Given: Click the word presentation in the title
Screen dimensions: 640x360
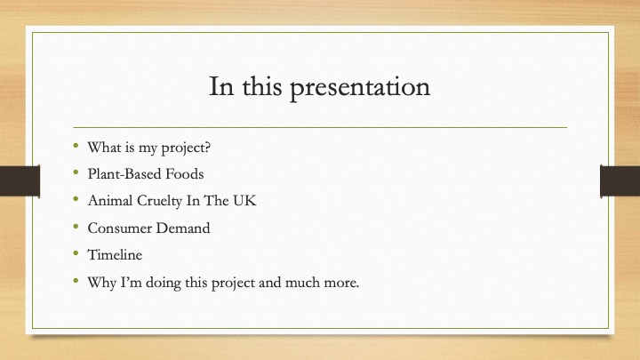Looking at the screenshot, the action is click(x=360, y=88).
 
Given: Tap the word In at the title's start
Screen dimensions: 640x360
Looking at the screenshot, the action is click(x=221, y=86).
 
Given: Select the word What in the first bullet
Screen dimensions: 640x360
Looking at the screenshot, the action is click(x=103, y=147).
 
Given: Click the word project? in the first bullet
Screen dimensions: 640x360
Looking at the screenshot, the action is click(x=186, y=148).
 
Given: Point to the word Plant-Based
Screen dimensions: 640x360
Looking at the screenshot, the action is click(x=124, y=174).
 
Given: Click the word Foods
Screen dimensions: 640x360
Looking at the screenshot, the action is click(x=185, y=174).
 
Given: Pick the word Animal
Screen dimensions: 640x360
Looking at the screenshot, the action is click(x=110, y=200).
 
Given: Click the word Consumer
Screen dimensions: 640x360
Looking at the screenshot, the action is click(x=120, y=228).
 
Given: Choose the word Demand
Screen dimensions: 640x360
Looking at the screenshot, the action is click(x=183, y=228).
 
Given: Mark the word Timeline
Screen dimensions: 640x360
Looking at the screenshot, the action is click(x=115, y=255).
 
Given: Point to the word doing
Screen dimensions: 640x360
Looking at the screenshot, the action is click(x=163, y=283).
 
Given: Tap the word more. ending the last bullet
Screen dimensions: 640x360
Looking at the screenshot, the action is click(x=341, y=283).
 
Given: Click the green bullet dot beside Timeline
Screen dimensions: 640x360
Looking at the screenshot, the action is click(x=76, y=254).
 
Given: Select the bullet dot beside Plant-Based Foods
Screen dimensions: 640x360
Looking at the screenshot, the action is click(x=76, y=172).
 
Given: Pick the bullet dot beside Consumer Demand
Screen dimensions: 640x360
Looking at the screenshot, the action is click(x=76, y=227).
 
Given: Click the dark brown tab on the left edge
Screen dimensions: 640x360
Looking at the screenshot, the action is click(x=20, y=180).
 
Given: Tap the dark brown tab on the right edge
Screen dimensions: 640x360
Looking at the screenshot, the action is click(x=620, y=180).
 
